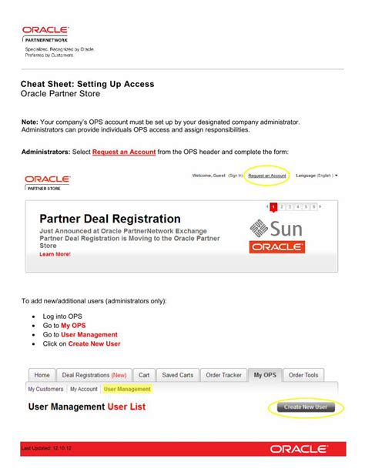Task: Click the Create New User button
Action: tap(305, 407)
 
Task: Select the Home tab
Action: tap(42, 375)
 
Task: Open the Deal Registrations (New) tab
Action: tap(94, 375)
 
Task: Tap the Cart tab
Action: tap(143, 375)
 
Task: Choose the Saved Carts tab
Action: tap(177, 375)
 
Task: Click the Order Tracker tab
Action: tap(224, 375)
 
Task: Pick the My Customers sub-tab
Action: tap(45, 389)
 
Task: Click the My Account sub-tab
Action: tap(84, 389)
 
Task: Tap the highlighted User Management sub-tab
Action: tap(127, 389)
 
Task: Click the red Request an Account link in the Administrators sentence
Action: tap(124, 152)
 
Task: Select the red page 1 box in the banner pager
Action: tap(273, 207)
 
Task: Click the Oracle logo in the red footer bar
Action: tap(299, 448)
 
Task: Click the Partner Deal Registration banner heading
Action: tap(109, 219)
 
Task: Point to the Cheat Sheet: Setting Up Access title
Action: tap(87, 83)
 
